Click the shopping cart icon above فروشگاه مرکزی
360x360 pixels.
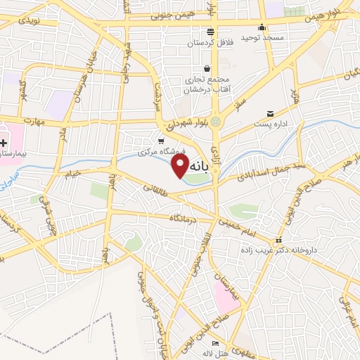click(162, 141)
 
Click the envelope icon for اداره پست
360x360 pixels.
click(270, 113)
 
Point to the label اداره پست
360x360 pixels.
click(269, 124)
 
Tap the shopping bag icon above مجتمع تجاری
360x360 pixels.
click(207, 69)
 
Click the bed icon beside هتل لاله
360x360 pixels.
click(216, 351)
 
